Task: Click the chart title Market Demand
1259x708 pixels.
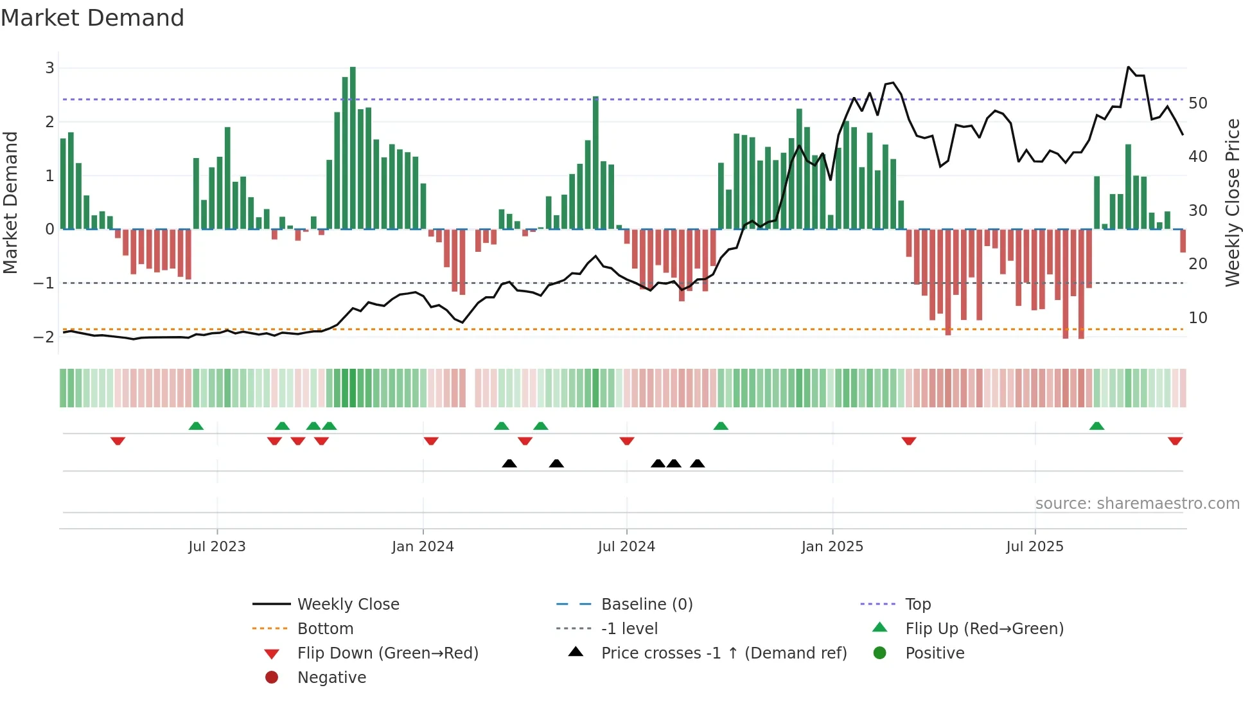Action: (92, 18)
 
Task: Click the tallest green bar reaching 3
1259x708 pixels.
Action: (353, 148)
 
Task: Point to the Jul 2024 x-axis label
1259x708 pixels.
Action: (626, 547)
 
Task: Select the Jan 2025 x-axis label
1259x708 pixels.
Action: (832, 547)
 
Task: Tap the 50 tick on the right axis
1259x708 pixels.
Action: (1198, 103)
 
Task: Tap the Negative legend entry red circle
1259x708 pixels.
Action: (272, 678)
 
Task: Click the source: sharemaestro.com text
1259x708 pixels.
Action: (1137, 504)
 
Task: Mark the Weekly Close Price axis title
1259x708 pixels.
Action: (1232, 202)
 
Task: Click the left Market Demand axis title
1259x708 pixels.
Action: (10, 202)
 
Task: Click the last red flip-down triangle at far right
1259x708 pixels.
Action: (1175, 441)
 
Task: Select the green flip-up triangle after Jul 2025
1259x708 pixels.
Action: (1096, 426)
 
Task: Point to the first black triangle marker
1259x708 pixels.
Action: (509, 463)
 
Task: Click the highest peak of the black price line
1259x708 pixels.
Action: (1129, 67)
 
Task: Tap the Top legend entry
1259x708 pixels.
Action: (918, 605)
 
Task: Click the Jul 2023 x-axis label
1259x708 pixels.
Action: (217, 547)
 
